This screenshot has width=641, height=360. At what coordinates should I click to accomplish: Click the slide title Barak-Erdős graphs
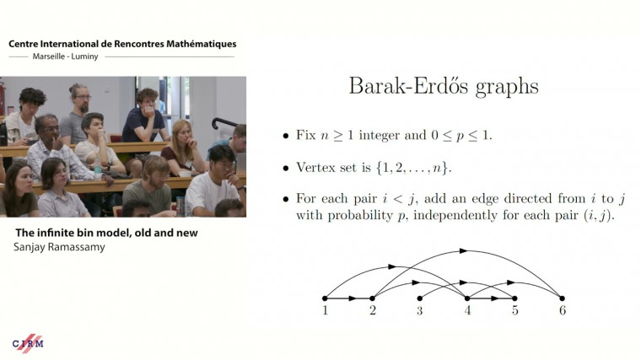(x=443, y=87)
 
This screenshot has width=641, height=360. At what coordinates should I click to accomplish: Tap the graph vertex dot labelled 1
(x=325, y=298)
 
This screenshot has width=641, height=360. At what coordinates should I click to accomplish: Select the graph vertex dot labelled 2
(x=372, y=298)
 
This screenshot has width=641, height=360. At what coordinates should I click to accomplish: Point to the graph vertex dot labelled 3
(x=420, y=298)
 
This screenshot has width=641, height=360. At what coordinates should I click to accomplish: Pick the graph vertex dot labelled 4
(x=467, y=298)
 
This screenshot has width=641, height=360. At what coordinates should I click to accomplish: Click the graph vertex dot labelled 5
(x=514, y=298)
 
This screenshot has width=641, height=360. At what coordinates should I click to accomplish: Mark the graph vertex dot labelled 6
(x=562, y=298)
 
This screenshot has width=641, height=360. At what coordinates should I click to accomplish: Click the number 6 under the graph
(x=562, y=311)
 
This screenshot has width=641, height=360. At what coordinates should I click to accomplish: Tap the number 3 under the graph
(x=420, y=311)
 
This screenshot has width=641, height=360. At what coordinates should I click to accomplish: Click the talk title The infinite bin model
(x=106, y=232)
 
